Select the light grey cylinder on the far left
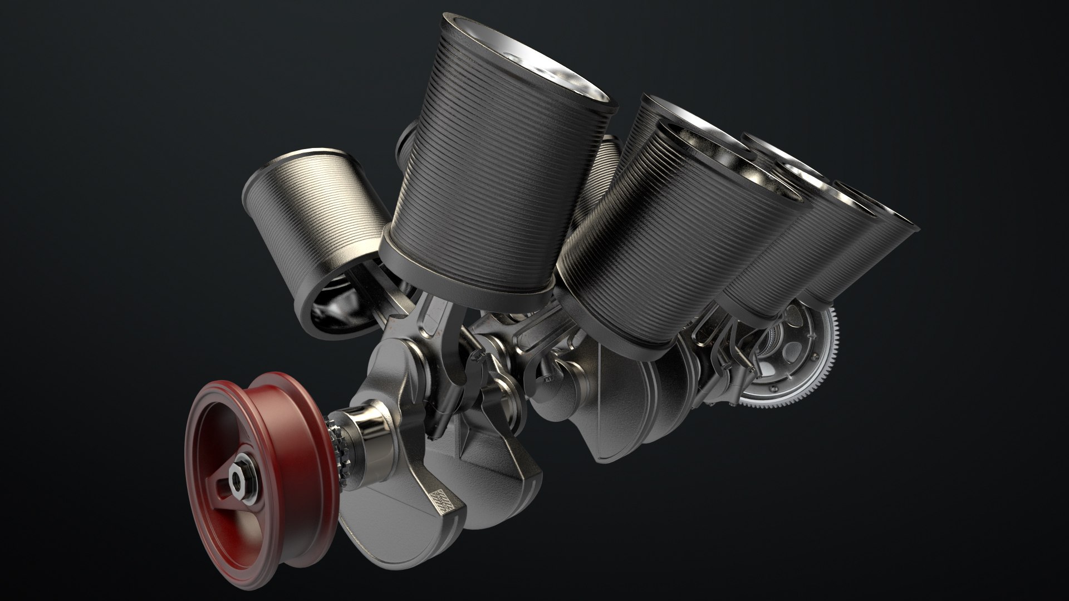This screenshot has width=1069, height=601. (x=312, y=217)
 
